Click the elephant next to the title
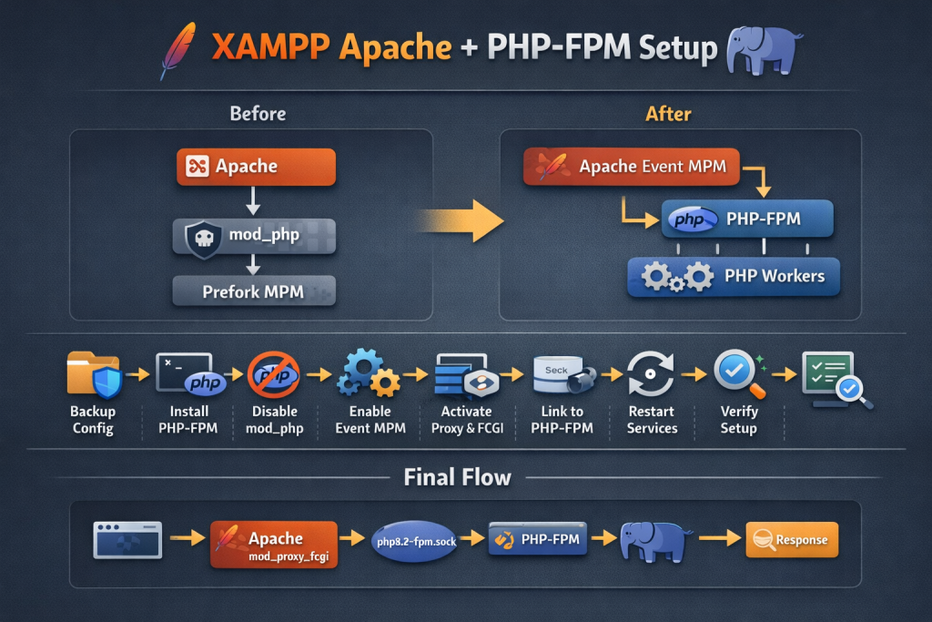tap(765, 50)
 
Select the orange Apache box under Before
tap(255, 167)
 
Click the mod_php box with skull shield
tap(255, 236)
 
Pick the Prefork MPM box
tap(255, 292)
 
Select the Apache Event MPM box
tap(631, 167)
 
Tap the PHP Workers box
tap(734, 276)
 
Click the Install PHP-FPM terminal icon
tap(189, 374)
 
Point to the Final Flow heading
tap(458, 477)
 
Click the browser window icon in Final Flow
tap(127, 540)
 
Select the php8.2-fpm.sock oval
tap(414, 541)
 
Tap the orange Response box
tap(791, 540)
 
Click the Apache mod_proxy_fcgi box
tap(274, 545)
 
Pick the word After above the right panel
tap(668, 115)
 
